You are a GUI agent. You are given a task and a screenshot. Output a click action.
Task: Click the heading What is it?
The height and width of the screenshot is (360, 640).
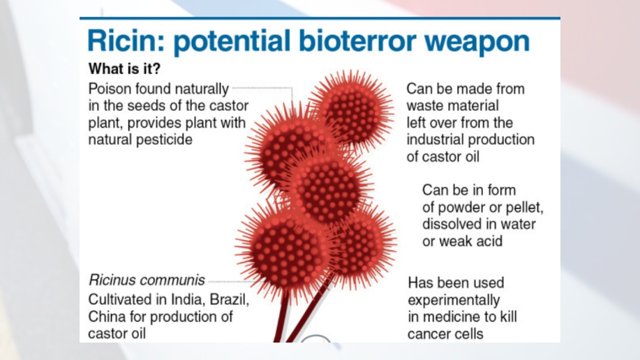124,68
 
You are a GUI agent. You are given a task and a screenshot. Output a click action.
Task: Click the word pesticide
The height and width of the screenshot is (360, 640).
164,140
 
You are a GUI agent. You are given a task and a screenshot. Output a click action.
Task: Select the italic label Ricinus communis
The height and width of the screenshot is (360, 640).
147,280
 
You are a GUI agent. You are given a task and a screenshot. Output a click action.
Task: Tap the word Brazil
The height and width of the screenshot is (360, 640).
230,299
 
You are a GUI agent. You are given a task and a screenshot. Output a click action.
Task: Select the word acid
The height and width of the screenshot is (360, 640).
488,241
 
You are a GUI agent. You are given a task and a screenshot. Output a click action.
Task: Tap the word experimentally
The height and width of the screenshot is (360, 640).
454,301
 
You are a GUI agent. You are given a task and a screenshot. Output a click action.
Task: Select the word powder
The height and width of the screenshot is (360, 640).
463,208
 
